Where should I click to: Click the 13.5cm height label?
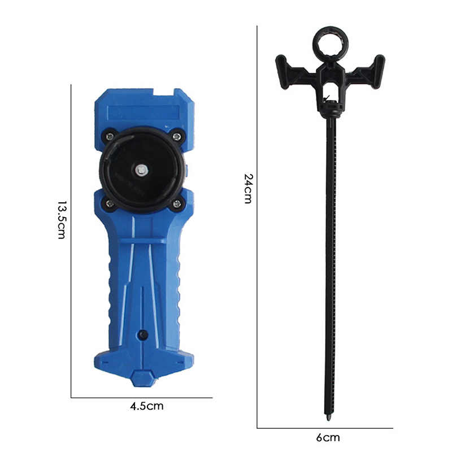[x=61, y=220]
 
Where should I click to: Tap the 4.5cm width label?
[x=147, y=406]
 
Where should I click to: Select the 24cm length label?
[x=248, y=189]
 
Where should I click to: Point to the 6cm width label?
[x=328, y=437]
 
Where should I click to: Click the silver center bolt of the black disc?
[x=142, y=171]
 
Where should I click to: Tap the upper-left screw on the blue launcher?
[x=109, y=136]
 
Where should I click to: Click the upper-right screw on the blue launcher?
[x=177, y=136]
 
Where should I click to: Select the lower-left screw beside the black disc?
[x=110, y=204]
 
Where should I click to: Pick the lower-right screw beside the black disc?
[x=177, y=204]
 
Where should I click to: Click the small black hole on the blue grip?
[x=143, y=334]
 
